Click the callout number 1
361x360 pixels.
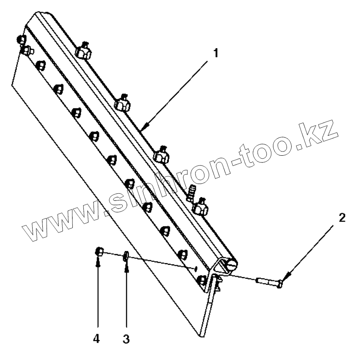click(216, 54)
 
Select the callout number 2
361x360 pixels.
click(342, 218)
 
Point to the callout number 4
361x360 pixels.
click(96, 339)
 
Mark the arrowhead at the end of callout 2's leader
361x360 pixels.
click(284, 278)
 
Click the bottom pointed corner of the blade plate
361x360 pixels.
click(201, 336)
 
